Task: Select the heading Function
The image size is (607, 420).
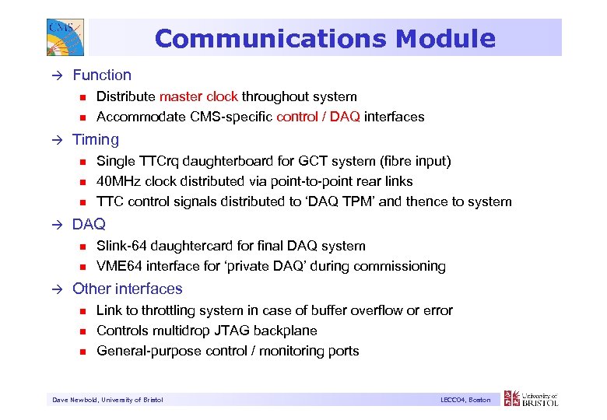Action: [x=102, y=75]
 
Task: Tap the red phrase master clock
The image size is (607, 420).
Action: [x=198, y=96]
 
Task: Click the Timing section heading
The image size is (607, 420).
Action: [x=96, y=140]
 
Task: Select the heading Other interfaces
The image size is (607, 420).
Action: [x=128, y=289]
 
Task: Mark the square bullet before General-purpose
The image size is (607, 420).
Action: [x=81, y=352]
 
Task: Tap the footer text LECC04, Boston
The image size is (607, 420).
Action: [x=465, y=400]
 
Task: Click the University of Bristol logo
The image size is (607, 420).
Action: [x=532, y=398]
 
